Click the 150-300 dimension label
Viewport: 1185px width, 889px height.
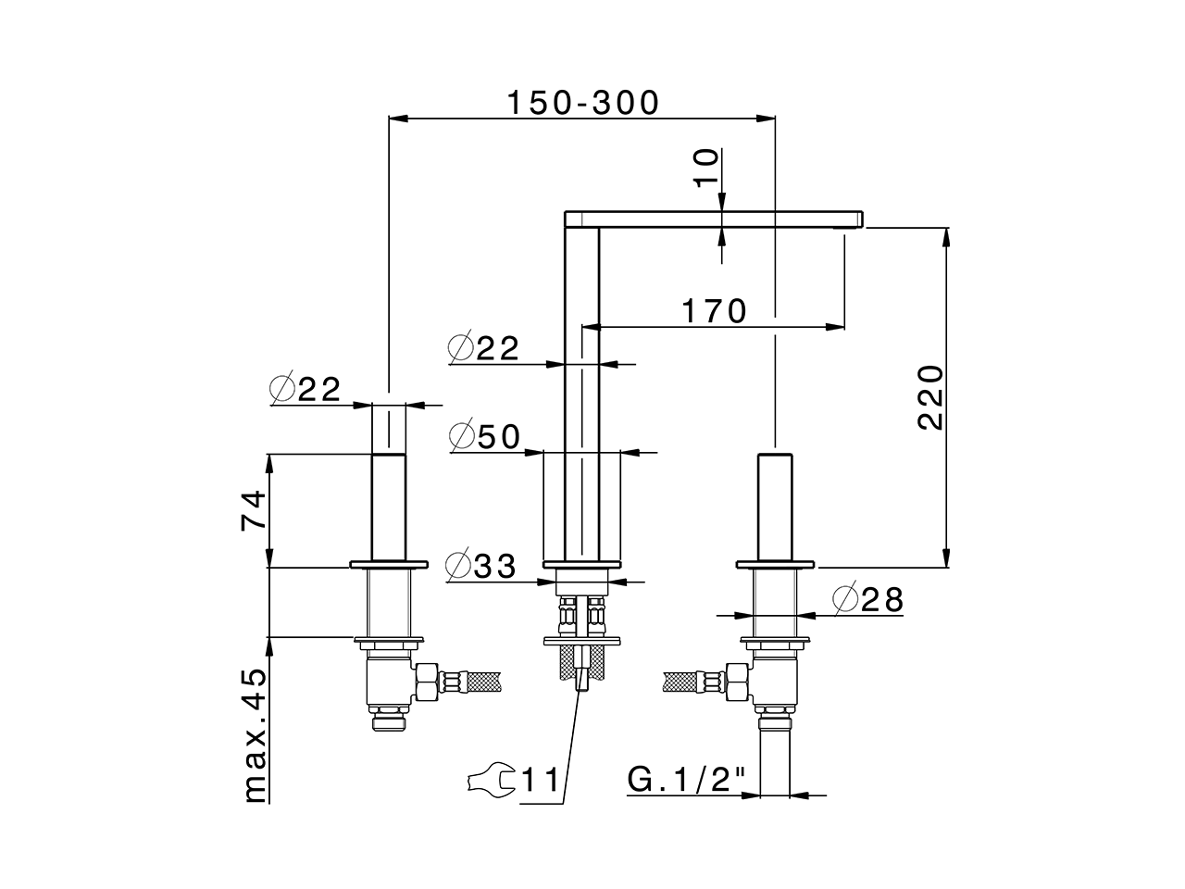582,102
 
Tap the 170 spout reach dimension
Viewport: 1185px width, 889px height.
713,311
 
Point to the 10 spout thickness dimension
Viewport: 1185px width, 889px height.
706,169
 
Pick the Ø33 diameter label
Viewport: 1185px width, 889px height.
480,565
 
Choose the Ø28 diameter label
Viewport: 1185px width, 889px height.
867,600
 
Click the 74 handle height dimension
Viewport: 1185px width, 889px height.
254,509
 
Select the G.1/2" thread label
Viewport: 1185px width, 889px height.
687,780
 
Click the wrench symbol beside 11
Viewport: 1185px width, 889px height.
491,780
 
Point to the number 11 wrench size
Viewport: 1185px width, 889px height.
541,781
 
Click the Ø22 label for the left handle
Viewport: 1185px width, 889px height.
306,389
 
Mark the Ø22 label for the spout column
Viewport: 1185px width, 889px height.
482,348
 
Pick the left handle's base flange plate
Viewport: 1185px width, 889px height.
389,563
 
